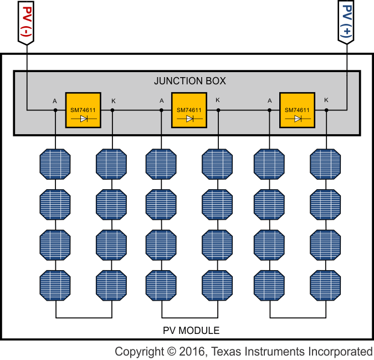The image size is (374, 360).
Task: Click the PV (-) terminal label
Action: tap(26, 22)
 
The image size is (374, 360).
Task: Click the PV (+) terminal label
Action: tap(347, 22)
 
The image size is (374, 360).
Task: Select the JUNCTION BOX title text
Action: tap(190, 81)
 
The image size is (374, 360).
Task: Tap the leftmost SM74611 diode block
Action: tap(83, 110)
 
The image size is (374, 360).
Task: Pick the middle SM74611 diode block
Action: tap(189, 110)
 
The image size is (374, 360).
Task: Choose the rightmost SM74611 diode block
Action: tap(297, 110)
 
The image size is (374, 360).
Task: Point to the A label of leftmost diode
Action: tap(55, 100)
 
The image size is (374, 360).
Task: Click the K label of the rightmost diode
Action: tap(326, 100)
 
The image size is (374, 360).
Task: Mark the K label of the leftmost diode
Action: tap(114, 100)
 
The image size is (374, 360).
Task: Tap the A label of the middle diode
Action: tap(161, 100)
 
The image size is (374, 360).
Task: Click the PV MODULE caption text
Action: tap(191, 331)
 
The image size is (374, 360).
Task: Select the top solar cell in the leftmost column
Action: tap(55, 164)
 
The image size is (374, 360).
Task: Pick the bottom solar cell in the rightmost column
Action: tap(326, 285)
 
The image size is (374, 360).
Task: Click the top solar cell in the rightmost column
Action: tap(326, 164)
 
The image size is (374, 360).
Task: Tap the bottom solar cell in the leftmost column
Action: tap(55, 285)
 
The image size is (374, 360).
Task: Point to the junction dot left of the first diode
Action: tap(55, 110)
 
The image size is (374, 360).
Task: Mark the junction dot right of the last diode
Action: tap(326, 110)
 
